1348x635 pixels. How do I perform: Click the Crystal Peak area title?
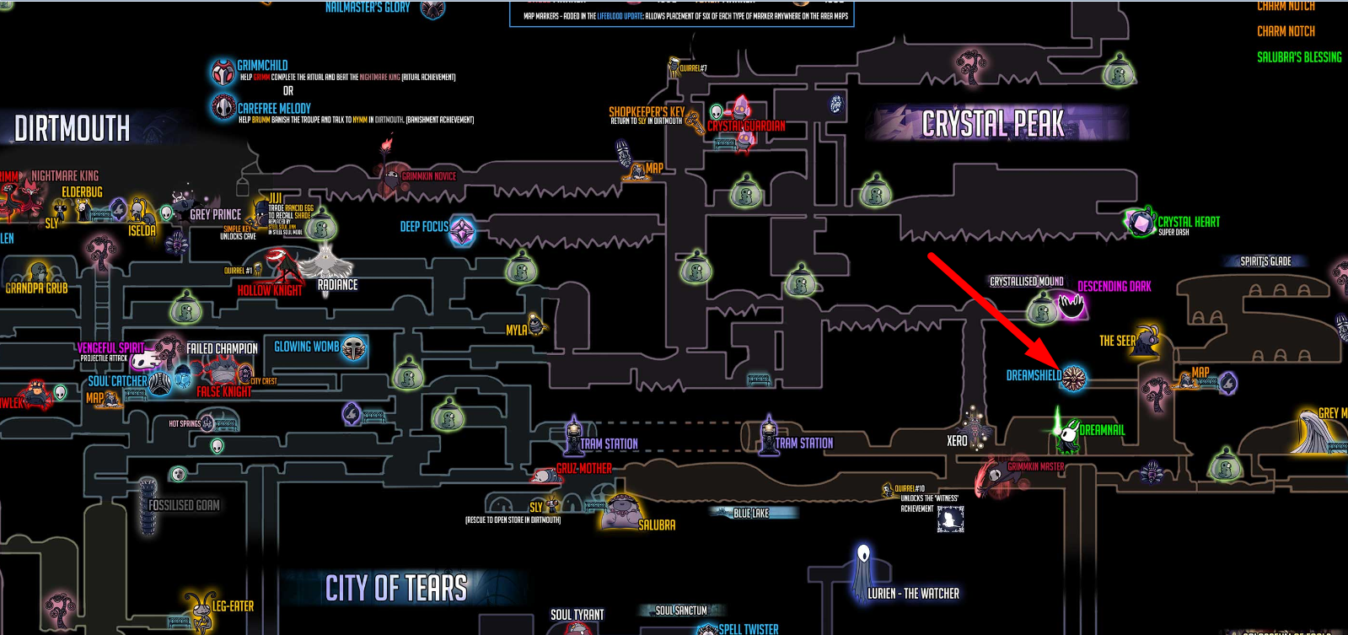992,124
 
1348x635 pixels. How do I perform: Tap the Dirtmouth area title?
73,129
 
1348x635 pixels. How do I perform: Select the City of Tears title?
396,588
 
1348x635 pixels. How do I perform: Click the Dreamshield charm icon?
1073,378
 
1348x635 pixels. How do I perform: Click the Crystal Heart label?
1188,222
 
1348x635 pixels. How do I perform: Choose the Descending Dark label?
1114,287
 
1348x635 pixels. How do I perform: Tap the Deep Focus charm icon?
462,231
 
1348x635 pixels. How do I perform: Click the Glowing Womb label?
306,347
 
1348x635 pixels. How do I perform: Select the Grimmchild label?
262,65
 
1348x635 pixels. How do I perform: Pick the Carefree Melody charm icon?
223,107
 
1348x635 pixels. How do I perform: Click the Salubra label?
657,525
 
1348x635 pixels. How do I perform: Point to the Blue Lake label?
750,513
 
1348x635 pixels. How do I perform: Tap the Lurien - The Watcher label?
913,594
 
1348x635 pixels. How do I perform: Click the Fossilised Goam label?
184,505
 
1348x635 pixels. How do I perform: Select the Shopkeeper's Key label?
647,111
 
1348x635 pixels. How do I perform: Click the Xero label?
957,441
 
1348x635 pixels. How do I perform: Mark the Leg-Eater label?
233,606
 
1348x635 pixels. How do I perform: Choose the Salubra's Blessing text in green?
1299,57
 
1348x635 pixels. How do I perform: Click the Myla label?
517,330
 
